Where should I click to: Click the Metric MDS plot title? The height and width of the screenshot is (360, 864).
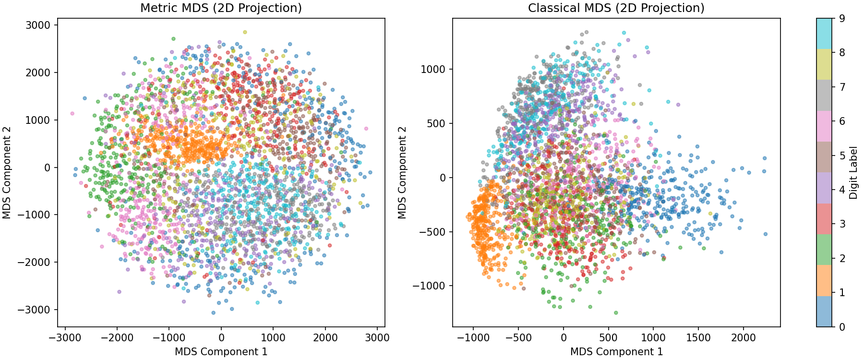(x=221, y=8)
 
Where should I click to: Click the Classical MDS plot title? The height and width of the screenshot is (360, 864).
(x=616, y=8)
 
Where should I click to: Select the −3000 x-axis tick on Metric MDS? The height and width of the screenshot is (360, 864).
(x=65, y=337)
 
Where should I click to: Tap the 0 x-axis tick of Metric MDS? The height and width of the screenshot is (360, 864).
(x=221, y=337)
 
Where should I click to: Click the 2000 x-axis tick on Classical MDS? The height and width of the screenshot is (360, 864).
(x=743, y=337)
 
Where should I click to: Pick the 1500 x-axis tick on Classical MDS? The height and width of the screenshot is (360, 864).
(x=698, y=337)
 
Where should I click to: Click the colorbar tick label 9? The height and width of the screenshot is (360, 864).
(x=841, y=19)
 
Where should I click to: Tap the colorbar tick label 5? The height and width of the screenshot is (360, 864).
(x=841, y=156)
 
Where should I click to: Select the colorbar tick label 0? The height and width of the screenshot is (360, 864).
(x=841, y=327)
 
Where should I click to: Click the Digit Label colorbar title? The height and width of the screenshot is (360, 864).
(x=853, y=173)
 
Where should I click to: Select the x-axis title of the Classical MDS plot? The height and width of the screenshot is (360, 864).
(x=616, y=352)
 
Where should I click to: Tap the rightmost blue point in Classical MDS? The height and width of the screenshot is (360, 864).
(x=765, y=234)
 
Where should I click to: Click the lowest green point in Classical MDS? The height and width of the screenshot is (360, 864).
(x=616, y=312)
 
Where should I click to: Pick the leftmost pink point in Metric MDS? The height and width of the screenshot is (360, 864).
(x=72, y=114)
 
